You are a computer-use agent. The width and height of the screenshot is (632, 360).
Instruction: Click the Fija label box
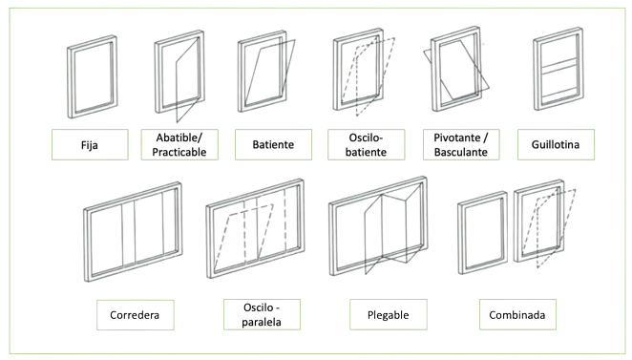[92, 143]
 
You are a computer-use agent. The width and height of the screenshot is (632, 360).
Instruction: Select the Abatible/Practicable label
[181, 144]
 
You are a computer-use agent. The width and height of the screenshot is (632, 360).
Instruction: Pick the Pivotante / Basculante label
[460, 144]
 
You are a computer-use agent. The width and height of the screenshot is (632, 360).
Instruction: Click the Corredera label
[134, 314]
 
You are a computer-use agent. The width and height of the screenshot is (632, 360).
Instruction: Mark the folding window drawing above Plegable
[377, 233]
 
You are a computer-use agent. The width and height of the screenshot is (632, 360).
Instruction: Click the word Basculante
[460, 151]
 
